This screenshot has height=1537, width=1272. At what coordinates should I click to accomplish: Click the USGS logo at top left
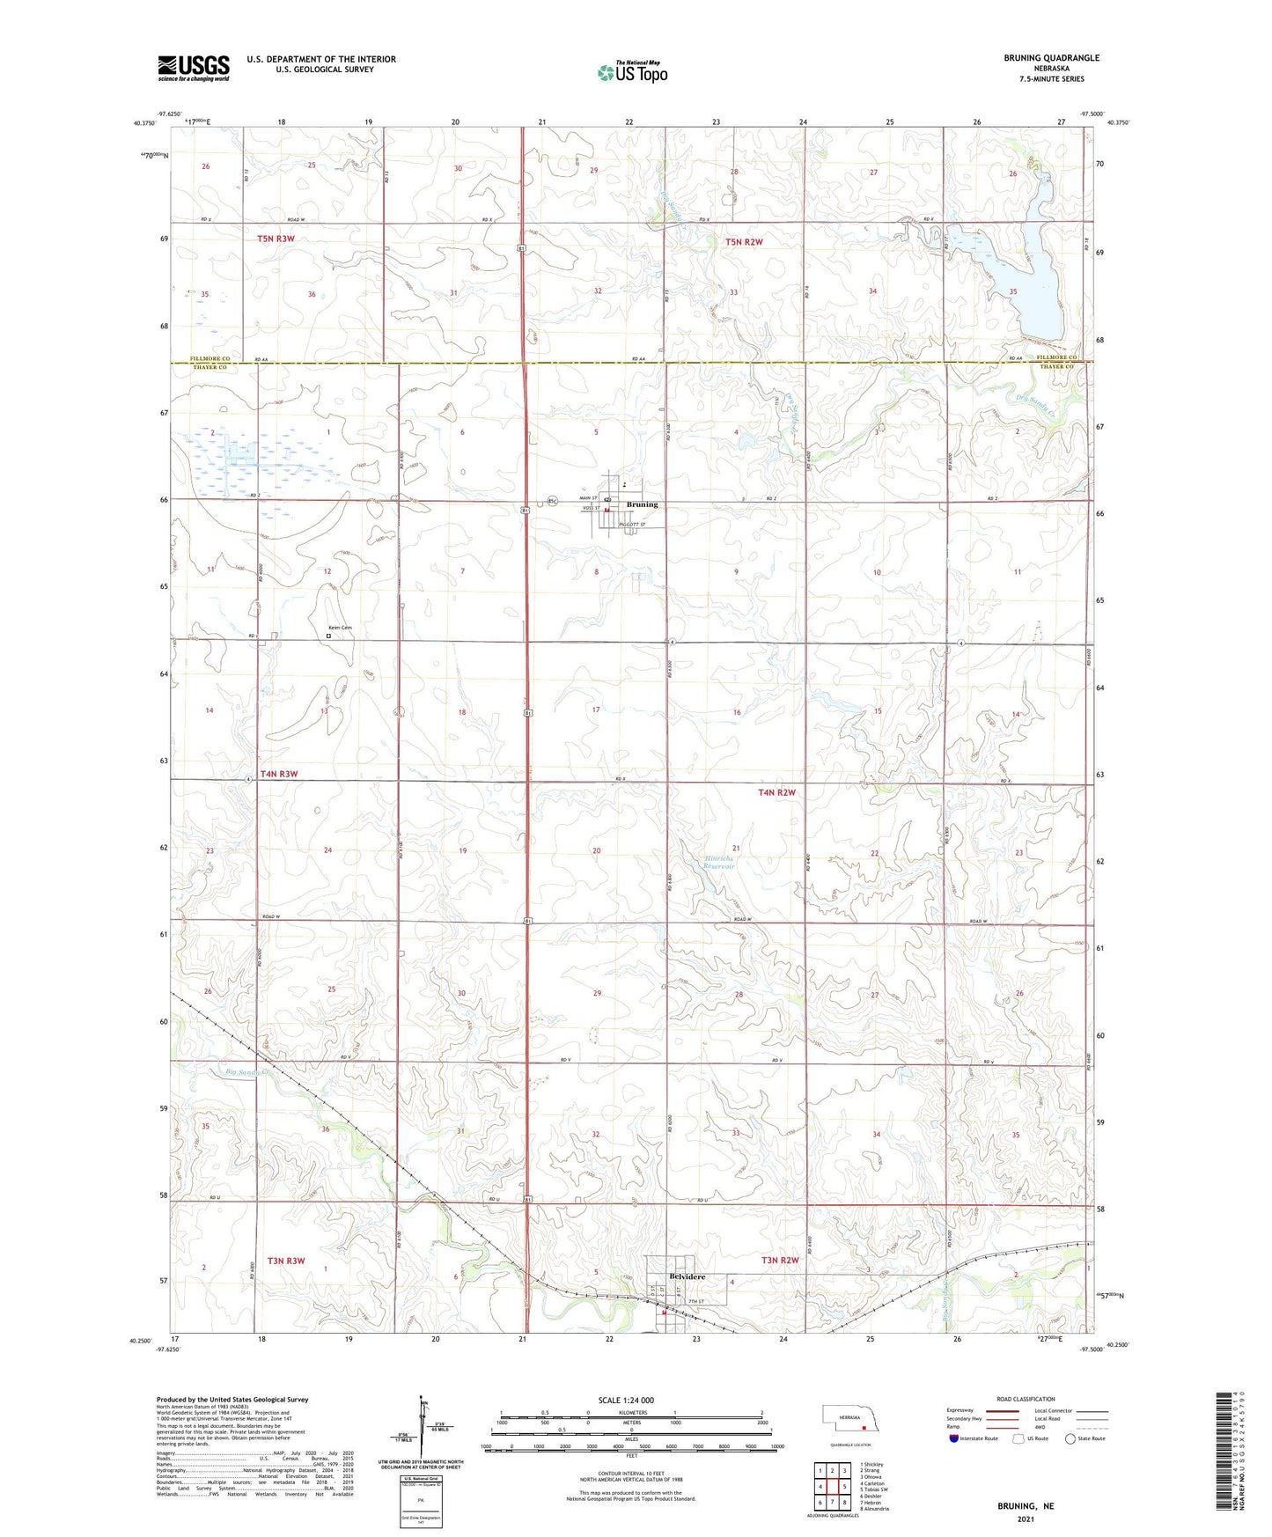pos(193,68)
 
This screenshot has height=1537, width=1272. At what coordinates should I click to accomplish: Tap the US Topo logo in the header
pos(632,71)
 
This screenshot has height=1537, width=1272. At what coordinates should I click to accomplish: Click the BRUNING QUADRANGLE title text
pos(1051,58)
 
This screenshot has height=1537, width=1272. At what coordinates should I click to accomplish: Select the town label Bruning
pos(642,504)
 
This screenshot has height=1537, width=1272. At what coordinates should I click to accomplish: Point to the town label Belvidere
pos(687,1276)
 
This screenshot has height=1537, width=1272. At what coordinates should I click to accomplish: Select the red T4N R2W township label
pos(776,792)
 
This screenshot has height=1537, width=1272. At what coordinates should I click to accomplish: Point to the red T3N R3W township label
pos(282,1261)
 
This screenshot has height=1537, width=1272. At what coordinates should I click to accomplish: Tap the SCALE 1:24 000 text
pos(626,1400)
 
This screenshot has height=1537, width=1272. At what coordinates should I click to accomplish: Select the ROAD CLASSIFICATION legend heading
pos(1026,1399)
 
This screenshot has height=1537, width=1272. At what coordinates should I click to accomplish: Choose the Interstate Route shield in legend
pos(955,1438)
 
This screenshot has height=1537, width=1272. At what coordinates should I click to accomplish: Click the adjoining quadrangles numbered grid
pos(832,1487)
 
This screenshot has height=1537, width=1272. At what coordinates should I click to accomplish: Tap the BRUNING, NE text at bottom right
pos(1025,1506)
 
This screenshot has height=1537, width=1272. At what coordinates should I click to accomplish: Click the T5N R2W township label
pos(743,241)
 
